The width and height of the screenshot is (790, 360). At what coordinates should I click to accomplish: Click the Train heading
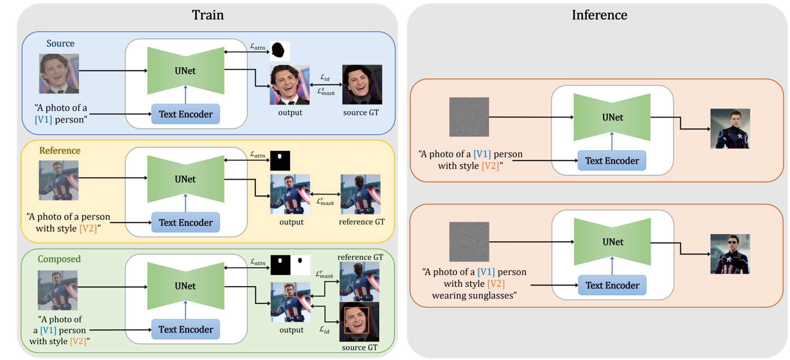pos(208,15)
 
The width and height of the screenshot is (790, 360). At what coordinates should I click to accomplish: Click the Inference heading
pos(599,15)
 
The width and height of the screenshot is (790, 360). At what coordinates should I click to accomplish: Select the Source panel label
pos(60,43)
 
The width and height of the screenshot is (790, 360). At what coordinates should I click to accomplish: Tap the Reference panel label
pos(59,150)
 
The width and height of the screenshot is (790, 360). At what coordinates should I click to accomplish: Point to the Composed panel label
pos(59,259)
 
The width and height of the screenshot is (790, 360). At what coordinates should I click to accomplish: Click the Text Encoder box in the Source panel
pos(185,114)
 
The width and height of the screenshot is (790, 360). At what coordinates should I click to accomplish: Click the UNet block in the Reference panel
pos(185,179)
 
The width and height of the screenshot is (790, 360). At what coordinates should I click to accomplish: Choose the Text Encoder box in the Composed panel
pos(185,329)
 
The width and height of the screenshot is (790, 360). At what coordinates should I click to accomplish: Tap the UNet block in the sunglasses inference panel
pos(613,242)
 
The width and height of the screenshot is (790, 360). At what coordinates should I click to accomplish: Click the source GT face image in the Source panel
pos(362,85)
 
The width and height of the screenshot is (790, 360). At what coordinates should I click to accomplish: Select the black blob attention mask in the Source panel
pos(280,51)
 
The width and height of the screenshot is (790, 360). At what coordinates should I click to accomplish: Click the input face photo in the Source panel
pos(59,74)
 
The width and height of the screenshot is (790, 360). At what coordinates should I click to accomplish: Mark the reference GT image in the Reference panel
pos(361,194)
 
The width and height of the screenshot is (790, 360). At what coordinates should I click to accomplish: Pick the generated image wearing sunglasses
pos(730,254)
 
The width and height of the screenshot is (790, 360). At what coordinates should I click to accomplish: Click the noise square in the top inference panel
pos(469,117)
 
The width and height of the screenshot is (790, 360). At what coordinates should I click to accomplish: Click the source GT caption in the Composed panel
pos(359,347)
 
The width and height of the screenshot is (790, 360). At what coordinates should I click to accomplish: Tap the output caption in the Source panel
pos(290,112)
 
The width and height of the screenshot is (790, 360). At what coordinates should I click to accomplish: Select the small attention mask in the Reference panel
pos(280,161)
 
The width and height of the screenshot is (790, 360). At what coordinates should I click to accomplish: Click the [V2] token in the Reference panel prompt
pos(88,229)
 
